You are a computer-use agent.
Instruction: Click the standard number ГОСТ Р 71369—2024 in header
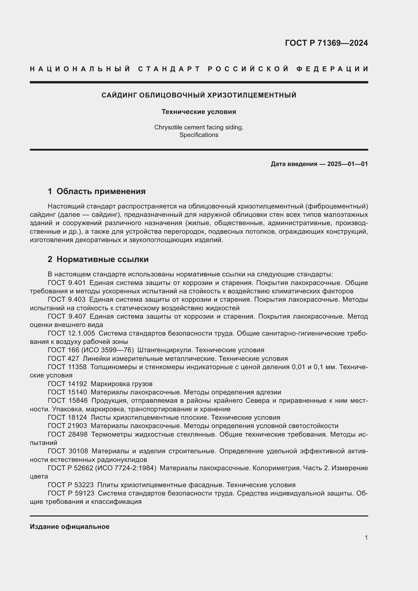[326, 43]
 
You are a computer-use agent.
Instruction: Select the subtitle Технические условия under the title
[199, 112]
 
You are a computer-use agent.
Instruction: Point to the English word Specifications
[199, 135]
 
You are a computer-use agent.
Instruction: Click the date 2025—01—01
[347, 164]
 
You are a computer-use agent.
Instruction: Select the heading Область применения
[101, 191]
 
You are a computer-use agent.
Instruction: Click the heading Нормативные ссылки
[102, 259]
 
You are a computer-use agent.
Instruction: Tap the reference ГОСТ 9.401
[67, 283]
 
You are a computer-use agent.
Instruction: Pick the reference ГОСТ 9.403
[67, 300]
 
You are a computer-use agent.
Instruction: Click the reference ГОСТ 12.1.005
[71, 333]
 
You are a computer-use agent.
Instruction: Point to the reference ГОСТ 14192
[67, 384]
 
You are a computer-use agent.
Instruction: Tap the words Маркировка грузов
[122, 384]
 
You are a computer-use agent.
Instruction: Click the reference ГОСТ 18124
[67, 417]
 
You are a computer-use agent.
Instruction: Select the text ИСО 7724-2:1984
[126, 468]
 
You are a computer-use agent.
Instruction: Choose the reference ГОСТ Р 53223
[71, 485]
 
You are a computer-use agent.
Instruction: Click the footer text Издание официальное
[69, 527]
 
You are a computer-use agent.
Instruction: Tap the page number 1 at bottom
[366, 537]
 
